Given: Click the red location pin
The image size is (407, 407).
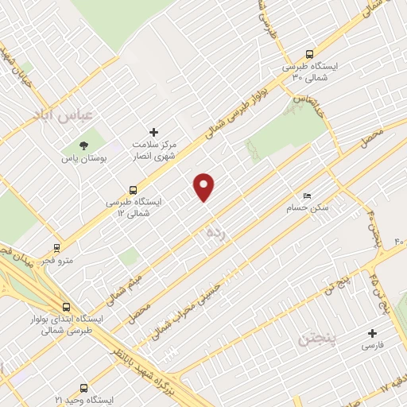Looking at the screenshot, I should click(204, 187).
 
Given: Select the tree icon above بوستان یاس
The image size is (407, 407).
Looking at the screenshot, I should click(83, 145).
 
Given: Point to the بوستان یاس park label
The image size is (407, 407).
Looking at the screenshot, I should click(82, 159).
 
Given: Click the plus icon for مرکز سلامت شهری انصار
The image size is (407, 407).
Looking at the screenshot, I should click(154, 132).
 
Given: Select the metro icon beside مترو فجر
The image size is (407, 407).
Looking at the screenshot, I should click(56, 247).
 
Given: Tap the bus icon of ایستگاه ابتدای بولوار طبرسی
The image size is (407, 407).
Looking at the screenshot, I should click(66, 306).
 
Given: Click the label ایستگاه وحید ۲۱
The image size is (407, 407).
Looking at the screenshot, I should click(79, 399).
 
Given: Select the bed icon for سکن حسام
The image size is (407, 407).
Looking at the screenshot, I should click(307, 196).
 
